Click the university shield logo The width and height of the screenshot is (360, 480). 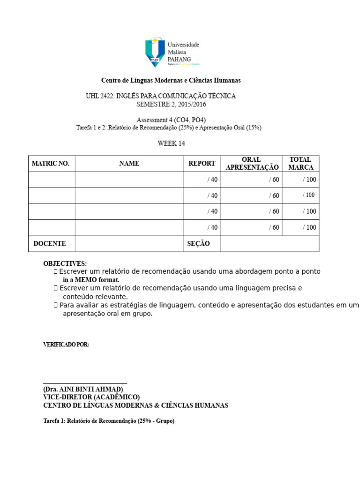click(155, 52)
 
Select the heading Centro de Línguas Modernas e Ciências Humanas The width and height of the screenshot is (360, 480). click(171, 81)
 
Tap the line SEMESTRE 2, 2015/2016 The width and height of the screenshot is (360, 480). click(171, 104)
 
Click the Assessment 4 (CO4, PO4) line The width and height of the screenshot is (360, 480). click(171, 120)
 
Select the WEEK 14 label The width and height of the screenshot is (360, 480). click(171, 143)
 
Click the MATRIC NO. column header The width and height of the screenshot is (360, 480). click(50, 164)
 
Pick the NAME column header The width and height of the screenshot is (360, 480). click(129, 164)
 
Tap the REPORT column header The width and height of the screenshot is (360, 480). click(202, 164)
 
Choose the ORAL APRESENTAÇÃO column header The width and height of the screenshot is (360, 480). click(252, 164)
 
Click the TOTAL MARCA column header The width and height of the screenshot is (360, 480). click(300, 164)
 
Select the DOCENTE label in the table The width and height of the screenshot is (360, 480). click(50, 244)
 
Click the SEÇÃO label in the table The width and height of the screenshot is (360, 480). click(198, 244)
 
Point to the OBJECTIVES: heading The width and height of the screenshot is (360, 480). click(65, 263)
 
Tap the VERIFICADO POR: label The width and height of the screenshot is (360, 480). click(66, 345)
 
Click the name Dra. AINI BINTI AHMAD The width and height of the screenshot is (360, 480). click(83, 390)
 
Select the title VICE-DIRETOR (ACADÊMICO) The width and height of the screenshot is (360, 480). click(91, 397)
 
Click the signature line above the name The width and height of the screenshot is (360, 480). click(85, 383)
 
